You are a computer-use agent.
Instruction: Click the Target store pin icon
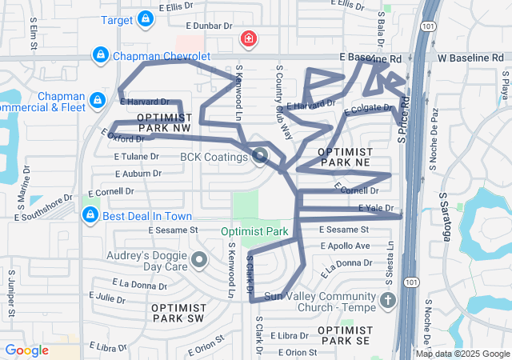click(x=145, y=18)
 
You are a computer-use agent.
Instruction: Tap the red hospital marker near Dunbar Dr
click(x=249, y=38)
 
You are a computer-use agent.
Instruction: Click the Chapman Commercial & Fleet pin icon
click(x=97, y=99)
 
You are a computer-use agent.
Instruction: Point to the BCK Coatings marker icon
click(x=260, y=156)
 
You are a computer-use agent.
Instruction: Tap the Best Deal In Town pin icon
click(x=90, y=215)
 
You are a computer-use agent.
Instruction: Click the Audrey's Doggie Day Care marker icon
click(x=199, y=259)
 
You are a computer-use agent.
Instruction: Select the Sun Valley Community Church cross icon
click(x=387, y=301)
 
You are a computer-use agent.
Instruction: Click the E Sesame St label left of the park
click(x=173, y=230)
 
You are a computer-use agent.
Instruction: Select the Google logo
click(x=26, y=350)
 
